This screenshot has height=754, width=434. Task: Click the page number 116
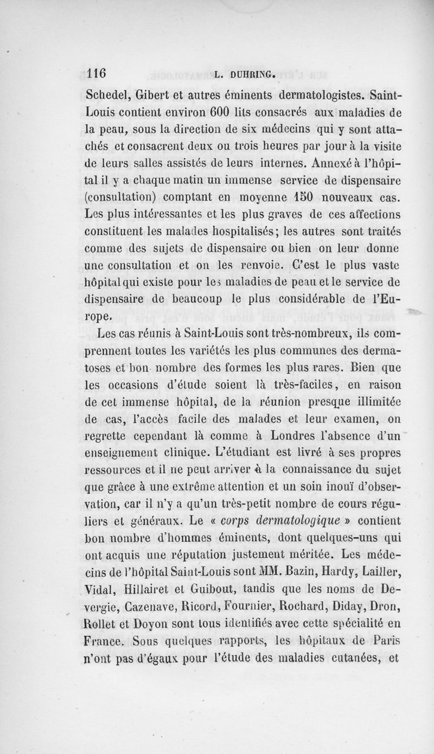click(98, 74)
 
